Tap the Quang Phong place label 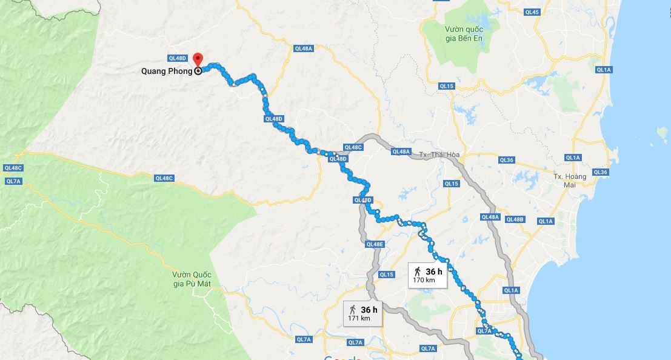click(x=167, y=71)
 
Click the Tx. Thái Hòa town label click(x=439, y=155)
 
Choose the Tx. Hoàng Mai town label click(x=570, y=180)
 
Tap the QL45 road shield click(x=532, y=12)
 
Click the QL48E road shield click(x=375, y=244)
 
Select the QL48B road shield click(x=514, y=219)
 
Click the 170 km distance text click(x=422, y=281)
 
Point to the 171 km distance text click(x=359, y=318)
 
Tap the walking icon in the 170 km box click(x=418, y=271)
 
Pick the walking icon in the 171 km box click(x=353, y=309)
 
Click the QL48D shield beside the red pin click(x=178, y=58)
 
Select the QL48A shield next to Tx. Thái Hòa click(x=401, y=152)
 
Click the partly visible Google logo click(x=342, y=358)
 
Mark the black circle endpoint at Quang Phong click(x=198, y=71)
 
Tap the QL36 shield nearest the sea click(x=600, y=172)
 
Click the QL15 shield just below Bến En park click(x=447, y=86)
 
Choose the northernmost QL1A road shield click(x=604, y=70)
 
